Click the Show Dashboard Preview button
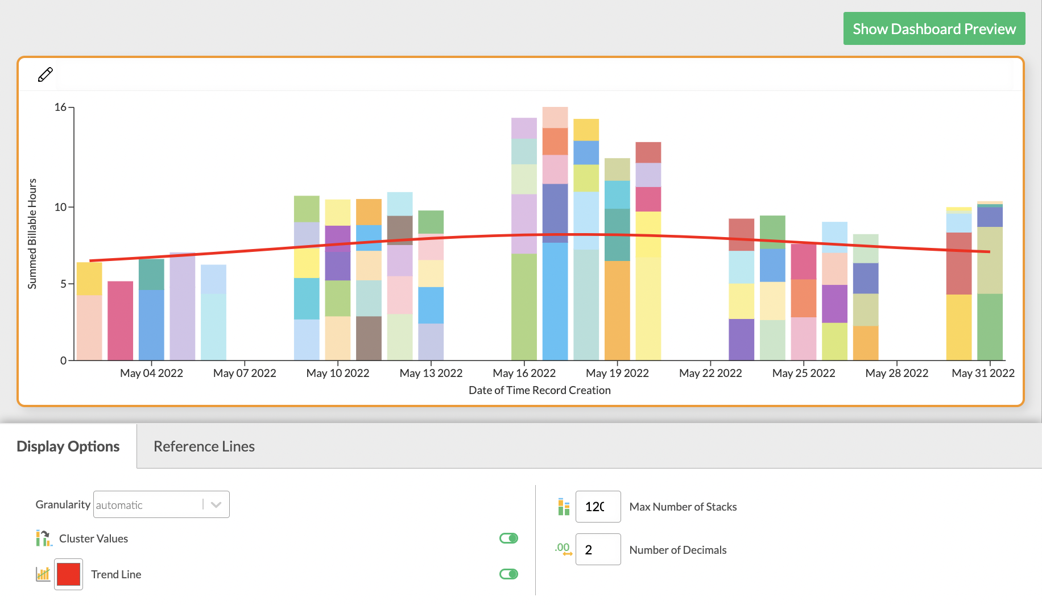tap(934, 29)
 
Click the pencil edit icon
tap(46, 74)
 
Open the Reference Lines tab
tap(204, 446)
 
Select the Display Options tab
tap(68, 446)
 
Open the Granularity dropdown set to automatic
tap(161, 504)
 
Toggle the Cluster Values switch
tap(508, 538)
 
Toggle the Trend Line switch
tap(508, 574)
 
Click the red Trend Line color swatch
tap(68, 574)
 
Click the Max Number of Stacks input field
tap(598, 506)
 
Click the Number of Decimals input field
tap(598, 549)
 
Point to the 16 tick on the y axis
tap(60, 107)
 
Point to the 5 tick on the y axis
tap(63, 284)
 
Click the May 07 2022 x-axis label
tap(245, 373)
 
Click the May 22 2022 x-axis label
tap(710, 373)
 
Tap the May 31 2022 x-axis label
tap(983, 373)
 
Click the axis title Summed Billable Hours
tap(32, 234)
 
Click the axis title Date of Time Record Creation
tap(539, 390)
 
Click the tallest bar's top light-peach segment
tap(555, 117)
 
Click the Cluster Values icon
tap(44, 538)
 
